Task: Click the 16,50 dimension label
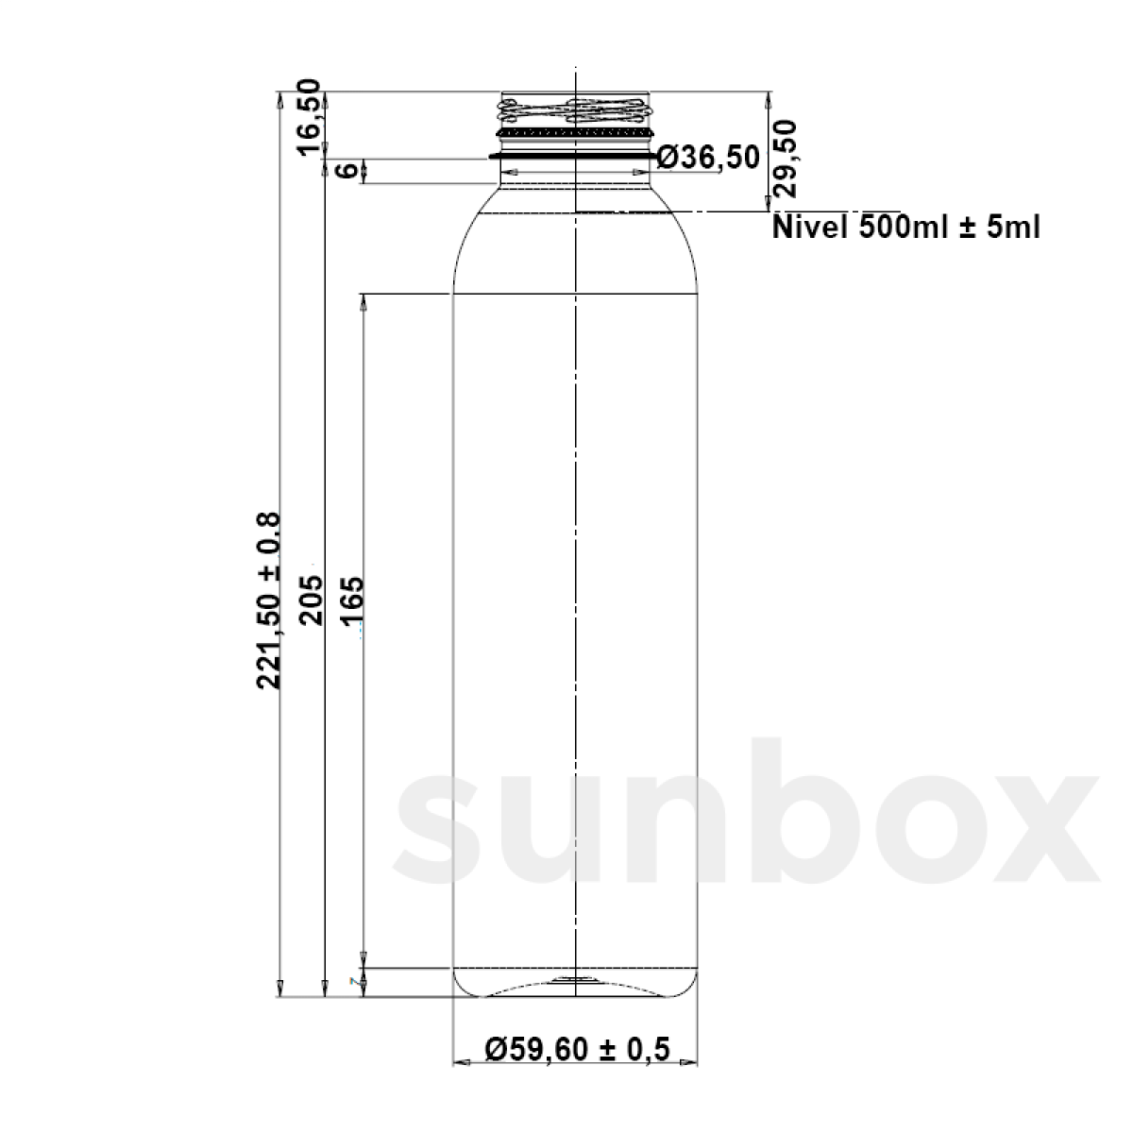tap(310, 119)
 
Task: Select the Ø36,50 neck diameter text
tap(708, 158)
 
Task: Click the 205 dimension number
tap(311, 600)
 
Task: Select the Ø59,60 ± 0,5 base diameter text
tap(577, 1048)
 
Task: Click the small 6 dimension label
tap(347, 171)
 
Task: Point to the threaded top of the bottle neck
tap(575, 111)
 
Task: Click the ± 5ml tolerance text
tap(1000, 228)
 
